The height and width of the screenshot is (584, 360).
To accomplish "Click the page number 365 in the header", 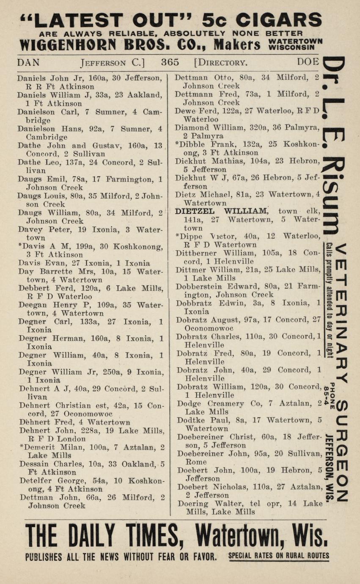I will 170,62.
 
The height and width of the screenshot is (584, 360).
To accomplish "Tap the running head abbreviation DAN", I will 28,62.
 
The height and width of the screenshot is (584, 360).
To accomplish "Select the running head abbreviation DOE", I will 308,62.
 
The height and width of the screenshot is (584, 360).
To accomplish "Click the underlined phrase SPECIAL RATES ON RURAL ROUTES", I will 278,556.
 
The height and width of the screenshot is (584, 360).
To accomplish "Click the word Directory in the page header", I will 220,63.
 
